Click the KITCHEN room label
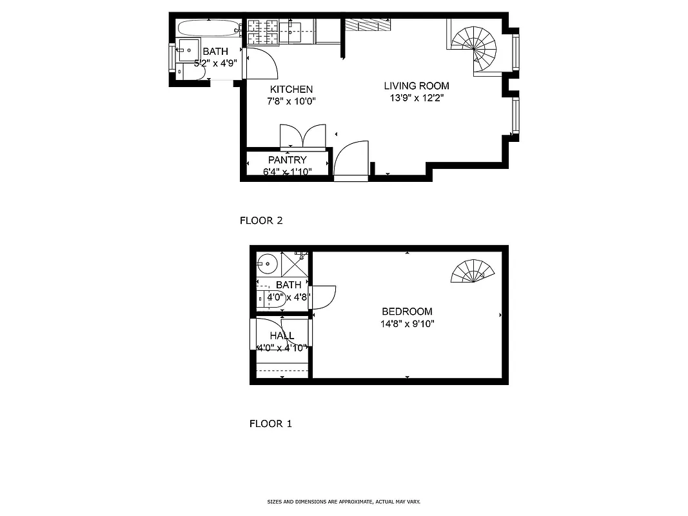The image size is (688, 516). (x=291, y=90)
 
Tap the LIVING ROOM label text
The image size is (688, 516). (x=417, y=86)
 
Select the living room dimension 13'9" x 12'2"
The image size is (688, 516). (x=417, y=98)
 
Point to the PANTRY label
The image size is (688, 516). (x=288, y=160)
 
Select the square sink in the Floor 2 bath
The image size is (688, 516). (x=188, y=48)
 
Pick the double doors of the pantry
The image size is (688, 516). (x=302, y=136)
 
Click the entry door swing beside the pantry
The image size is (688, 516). (x=350, y=159)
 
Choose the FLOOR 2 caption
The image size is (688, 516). (x=261, y=221)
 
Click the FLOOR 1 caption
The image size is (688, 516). (x=270, y=424)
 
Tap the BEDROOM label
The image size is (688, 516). (x=407, y=312)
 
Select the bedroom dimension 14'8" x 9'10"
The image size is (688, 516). (x=407, y=324)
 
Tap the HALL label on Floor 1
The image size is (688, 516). (x=282, y=336)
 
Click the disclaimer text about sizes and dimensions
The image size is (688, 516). (x=344, y=501)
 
